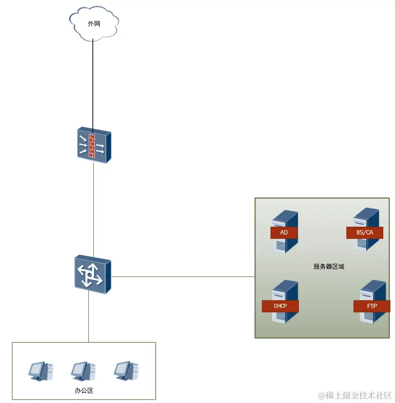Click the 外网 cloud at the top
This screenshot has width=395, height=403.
tap(94, 23)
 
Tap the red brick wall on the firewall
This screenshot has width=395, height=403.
tap(93, 145)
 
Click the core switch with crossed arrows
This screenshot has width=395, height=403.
tap(92, 275)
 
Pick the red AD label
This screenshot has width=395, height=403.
tap(284, 233)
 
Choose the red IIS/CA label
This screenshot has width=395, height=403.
tap(365, 233)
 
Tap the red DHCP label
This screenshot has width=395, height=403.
tap(280, 306)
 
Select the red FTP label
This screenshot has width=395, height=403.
tap(372, 306)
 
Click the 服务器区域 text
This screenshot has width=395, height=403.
tap(329, 267)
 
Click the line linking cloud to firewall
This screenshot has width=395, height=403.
tap(93, 83)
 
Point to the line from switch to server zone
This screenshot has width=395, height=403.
tap(183, 276)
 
